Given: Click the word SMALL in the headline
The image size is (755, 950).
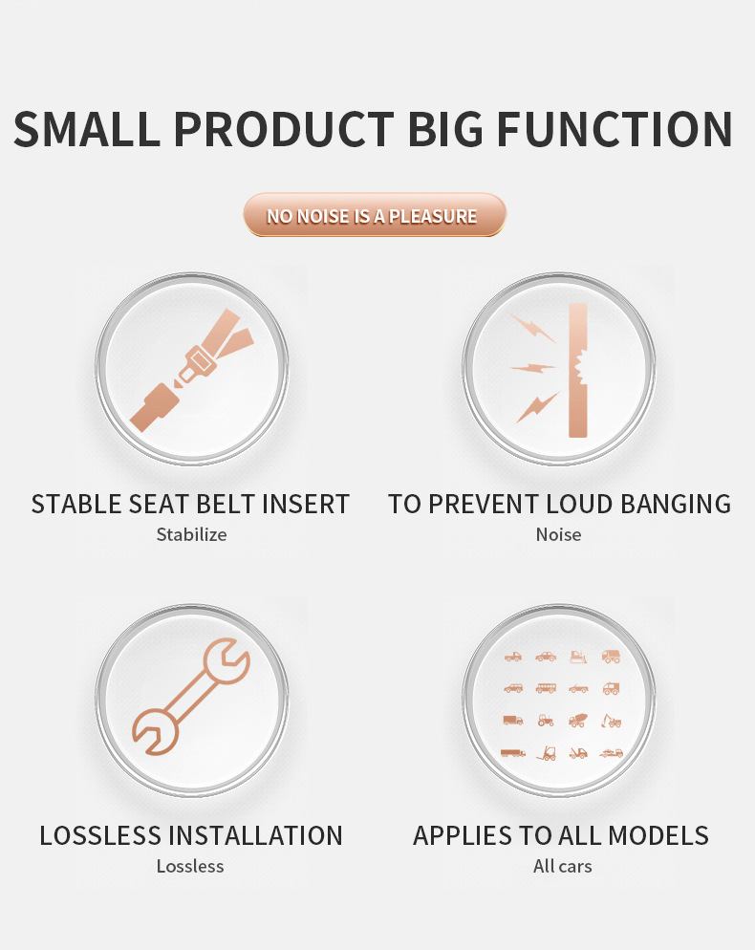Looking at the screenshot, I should click(86, 130).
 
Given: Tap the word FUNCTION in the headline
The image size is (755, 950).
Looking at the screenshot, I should click(615, 130).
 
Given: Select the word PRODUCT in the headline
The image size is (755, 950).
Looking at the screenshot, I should click(285, 130).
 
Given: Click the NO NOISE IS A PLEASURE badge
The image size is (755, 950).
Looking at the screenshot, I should click(374, 215).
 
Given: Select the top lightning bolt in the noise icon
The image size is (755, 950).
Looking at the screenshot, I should click(531, 328).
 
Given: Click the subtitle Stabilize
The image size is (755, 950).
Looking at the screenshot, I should click(191, 534).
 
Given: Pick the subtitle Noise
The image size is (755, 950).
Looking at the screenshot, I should click(558, 534).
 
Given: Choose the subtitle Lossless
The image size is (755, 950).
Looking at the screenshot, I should click(190, 866).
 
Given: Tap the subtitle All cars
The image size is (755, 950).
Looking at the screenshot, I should click(562, 866).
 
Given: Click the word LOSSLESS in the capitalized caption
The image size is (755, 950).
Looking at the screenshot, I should click(100, 835).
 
